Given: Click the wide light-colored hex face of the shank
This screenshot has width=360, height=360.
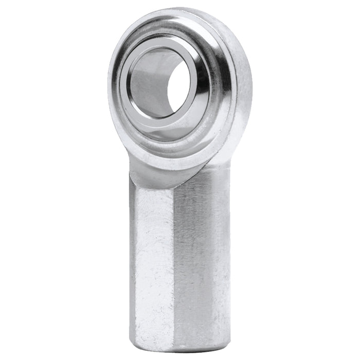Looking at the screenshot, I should click(152, 257).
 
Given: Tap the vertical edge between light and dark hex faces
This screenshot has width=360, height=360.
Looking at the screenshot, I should click(174, 257).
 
